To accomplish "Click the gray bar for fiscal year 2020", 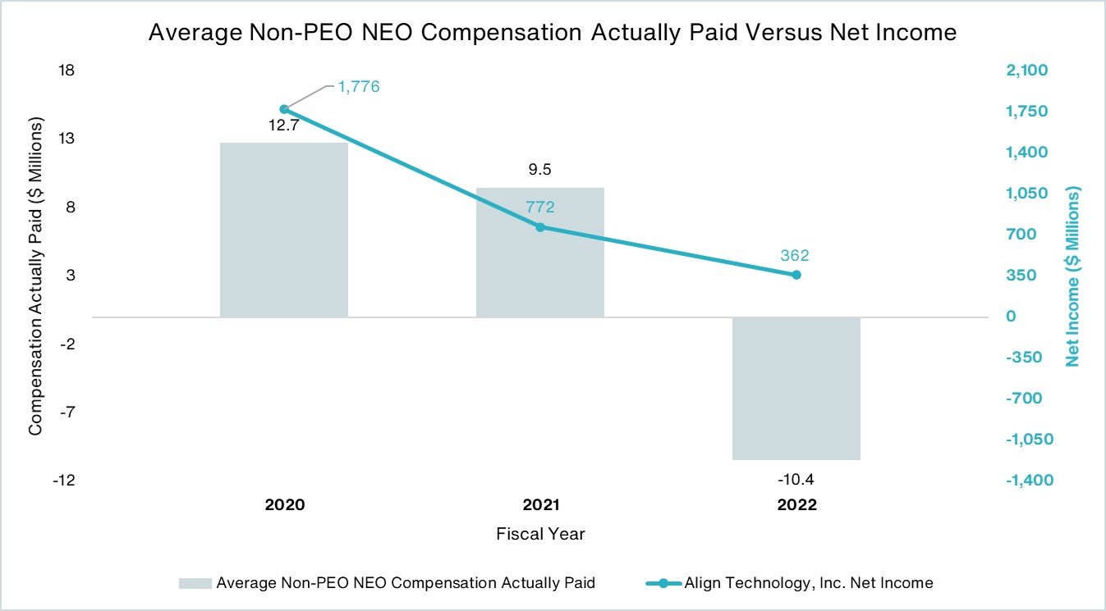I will click(x=284, y=230).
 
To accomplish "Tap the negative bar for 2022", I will click(x=796, y=388).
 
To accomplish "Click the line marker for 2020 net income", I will click(x=284, y=109).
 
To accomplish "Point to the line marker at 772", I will click(x=540, y=226).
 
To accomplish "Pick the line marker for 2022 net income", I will click(x=796, y=275).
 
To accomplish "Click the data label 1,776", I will click(x=359, y=86).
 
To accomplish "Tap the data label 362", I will click(x=796, y=255).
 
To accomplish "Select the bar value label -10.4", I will click(x=796, y=478).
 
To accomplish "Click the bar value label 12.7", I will click(x=284, y=128).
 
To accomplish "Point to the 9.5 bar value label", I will click(x=540, y=171).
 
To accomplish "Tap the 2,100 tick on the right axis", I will click(x=1027, y=71).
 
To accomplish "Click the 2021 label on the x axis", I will click(x=540, y=505).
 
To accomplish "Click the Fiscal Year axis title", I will click(x=540, y=534).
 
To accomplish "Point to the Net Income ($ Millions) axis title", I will click(x=1072, y=276).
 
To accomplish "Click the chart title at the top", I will click(x=553, y=33).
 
